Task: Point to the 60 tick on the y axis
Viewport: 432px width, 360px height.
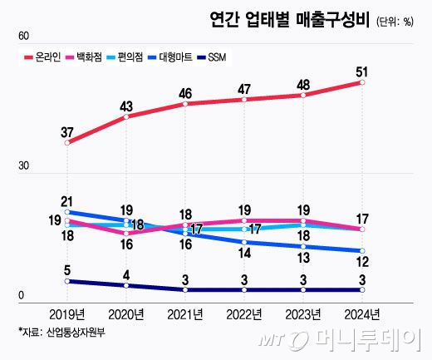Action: (23, 37)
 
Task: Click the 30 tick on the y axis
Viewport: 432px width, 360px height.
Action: (23, 166)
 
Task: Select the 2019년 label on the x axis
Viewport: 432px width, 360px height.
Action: (66, 314)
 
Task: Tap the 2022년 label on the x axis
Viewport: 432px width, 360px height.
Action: (243, 314)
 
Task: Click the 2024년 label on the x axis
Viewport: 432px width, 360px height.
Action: (361, 314)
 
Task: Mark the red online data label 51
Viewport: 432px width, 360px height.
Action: (362, 71)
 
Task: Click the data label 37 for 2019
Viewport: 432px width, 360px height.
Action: (68, 131)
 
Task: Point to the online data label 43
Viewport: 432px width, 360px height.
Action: (126, 106)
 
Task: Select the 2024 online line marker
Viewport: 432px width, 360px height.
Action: (362, 83)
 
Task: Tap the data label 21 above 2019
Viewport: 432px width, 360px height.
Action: (68, 200)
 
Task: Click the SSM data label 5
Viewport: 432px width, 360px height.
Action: (68, 269)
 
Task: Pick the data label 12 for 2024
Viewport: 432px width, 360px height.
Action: (362, 264)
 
